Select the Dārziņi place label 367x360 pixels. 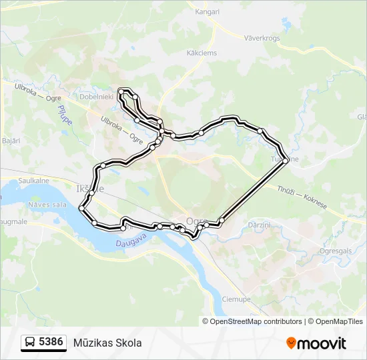pos(258,225)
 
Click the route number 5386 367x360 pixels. pos(51,343)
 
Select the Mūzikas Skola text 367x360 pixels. pos(108,343)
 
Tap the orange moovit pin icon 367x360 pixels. pos(291,343)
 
